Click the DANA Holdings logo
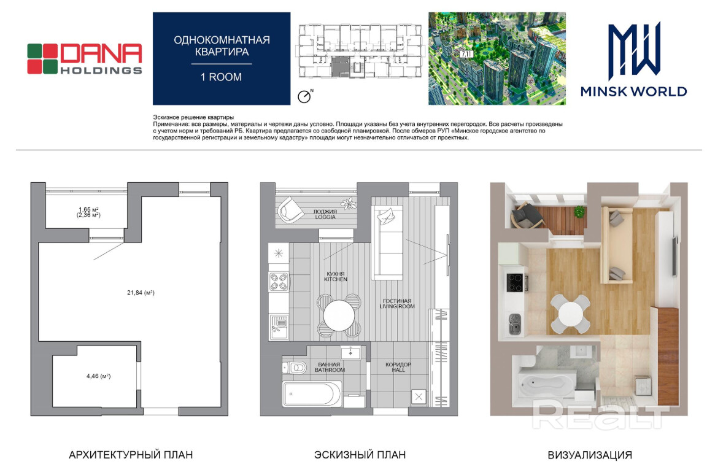[84, 58]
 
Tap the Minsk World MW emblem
[634, 51]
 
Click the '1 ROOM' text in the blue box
[221, 77]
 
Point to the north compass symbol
[305, 96]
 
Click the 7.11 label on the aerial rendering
[466, 54]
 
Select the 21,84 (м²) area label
[141, 293]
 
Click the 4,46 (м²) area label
[98, 376]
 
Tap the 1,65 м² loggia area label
[88, 212]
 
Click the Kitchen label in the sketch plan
[336, 276]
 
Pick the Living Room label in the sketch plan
[397, 303]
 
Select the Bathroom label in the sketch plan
[330, 368]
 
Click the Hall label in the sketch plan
[398, 367]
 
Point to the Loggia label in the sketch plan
[325, 214]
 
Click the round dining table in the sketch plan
[339, 315]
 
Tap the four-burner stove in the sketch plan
[279, 282]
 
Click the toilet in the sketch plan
[295, 368]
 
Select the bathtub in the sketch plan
[312, 395]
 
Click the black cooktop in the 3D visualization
[516, 283]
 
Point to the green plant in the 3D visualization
[579, 211]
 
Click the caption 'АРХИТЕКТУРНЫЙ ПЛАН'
[131, 455]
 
